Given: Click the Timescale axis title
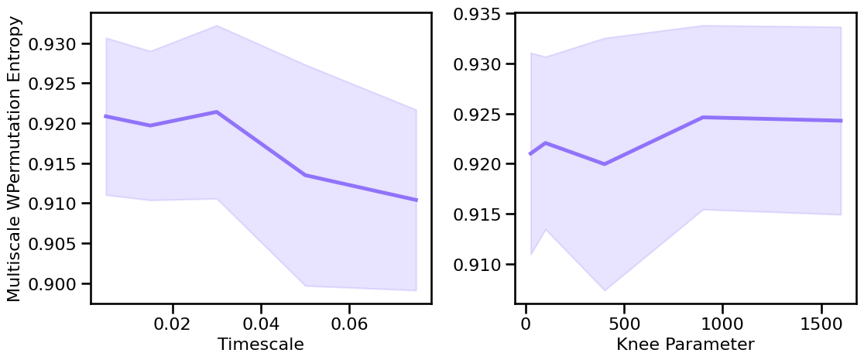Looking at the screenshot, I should [261, 345].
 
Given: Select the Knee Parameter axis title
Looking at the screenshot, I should [685, 345].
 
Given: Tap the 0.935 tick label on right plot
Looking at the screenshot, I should [478, 14].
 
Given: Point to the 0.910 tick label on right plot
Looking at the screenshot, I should [478, 265].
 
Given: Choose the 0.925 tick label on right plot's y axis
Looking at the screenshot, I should [478, 115].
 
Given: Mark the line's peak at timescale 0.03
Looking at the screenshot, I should [217, 112].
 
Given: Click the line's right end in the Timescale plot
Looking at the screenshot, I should [417, 200].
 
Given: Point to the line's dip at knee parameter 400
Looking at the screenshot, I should [604, 164].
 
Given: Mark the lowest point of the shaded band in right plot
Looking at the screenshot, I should [604, 290].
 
